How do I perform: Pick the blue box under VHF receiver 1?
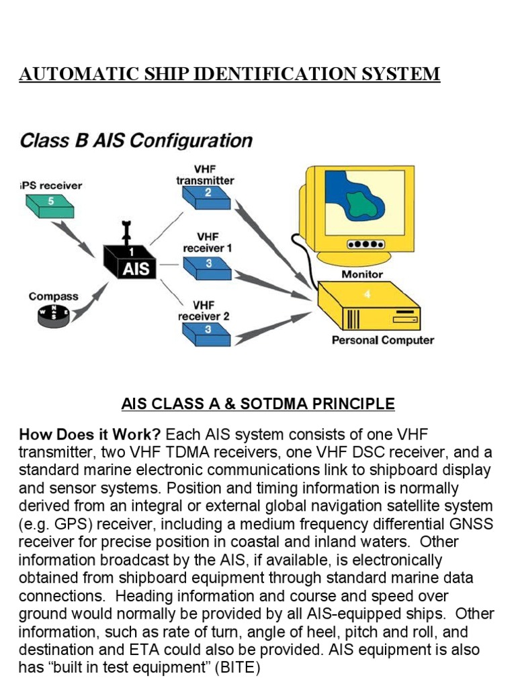coord(208,267)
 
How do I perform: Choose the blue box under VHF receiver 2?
coord(208,333)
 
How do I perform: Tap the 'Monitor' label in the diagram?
coord(362,274)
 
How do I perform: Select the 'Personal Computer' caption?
coord(382,340)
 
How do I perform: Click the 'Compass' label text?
coord(53,296)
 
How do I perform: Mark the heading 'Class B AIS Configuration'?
coord(136,141)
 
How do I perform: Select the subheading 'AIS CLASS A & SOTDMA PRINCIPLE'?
coord(258,404)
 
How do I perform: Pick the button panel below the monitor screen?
coord(365,245)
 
